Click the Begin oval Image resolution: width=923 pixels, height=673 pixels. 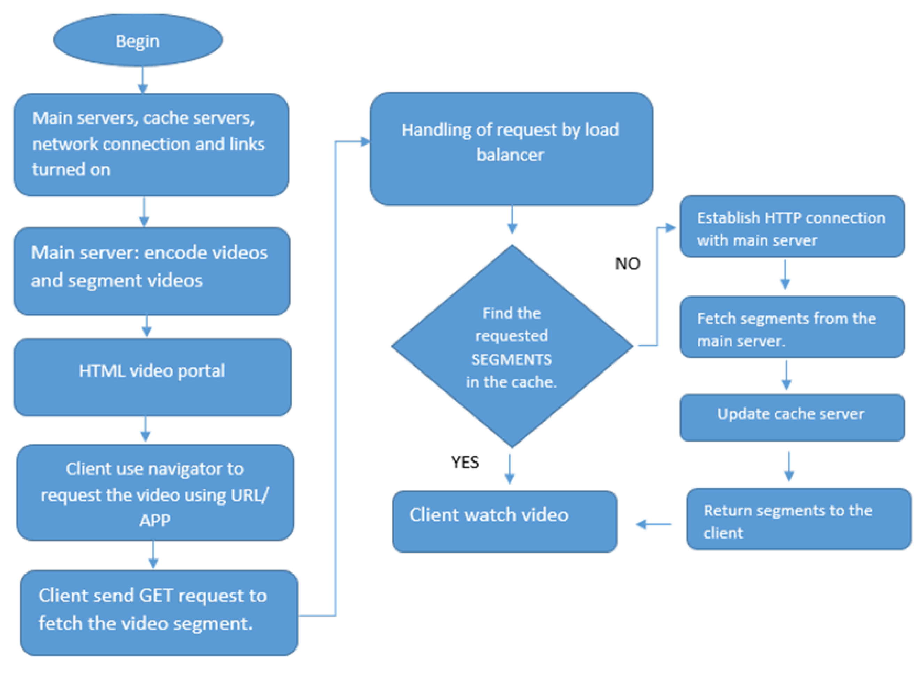(138, 40)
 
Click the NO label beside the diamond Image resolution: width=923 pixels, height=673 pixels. (627, 264)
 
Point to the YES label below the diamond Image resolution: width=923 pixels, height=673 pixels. (465, 462)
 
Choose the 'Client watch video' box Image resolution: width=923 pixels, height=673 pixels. (504, 522)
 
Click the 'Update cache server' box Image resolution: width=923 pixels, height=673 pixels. (792, 417)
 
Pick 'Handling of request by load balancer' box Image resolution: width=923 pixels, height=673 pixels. (511, 149)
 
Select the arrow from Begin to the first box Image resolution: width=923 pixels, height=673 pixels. (142, 80)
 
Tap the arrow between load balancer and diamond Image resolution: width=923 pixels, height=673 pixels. (512, 220)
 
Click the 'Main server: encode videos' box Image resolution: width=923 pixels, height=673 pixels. (152, 271)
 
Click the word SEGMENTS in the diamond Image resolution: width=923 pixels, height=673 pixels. (511, 359)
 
